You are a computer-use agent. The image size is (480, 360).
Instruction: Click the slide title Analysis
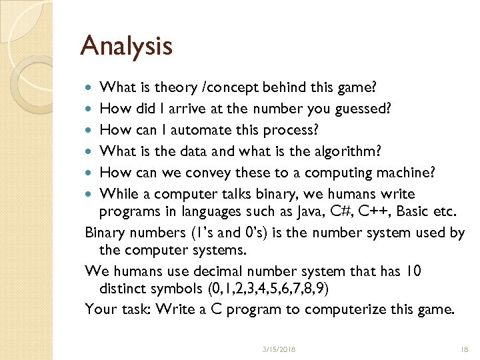tap(126, 46)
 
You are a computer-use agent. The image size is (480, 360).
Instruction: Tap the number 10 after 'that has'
tap(413, 271)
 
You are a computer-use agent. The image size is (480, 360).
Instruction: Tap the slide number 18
tap(464, 349)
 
